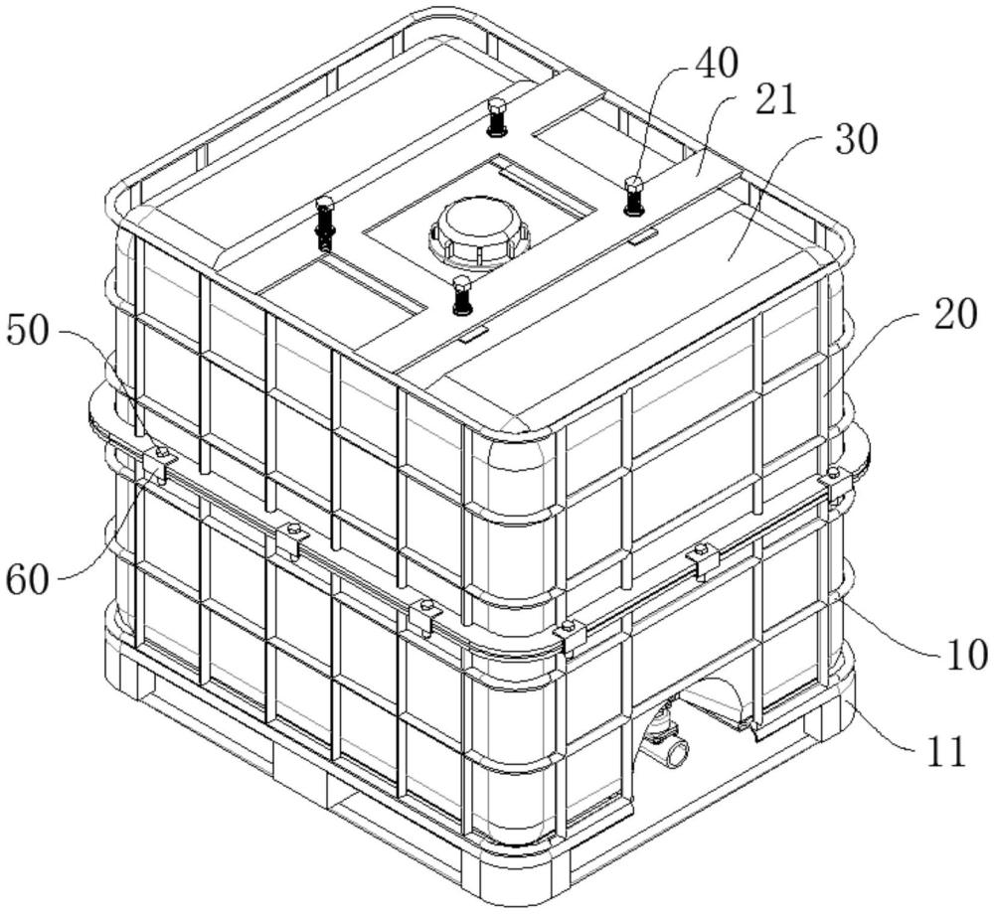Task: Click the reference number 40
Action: click(x=715, y=65)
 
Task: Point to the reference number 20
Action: click(x=951, y=316)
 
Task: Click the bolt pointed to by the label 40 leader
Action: click(x=633, y=195)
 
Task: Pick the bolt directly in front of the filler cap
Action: click(x=460, y=295)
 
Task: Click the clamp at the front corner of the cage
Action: click(x=570, y=636)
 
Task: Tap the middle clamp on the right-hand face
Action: click(x=704, y=559)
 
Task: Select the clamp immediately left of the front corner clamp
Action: click(x=424, y=616)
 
